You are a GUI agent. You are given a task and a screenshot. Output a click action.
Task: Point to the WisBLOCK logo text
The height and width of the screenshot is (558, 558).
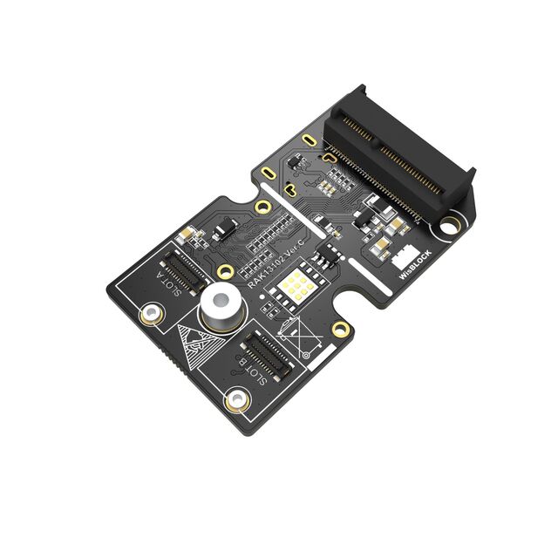pos(417,261)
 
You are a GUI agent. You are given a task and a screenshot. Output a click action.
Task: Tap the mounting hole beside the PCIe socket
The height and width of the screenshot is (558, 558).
pos(450,226)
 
